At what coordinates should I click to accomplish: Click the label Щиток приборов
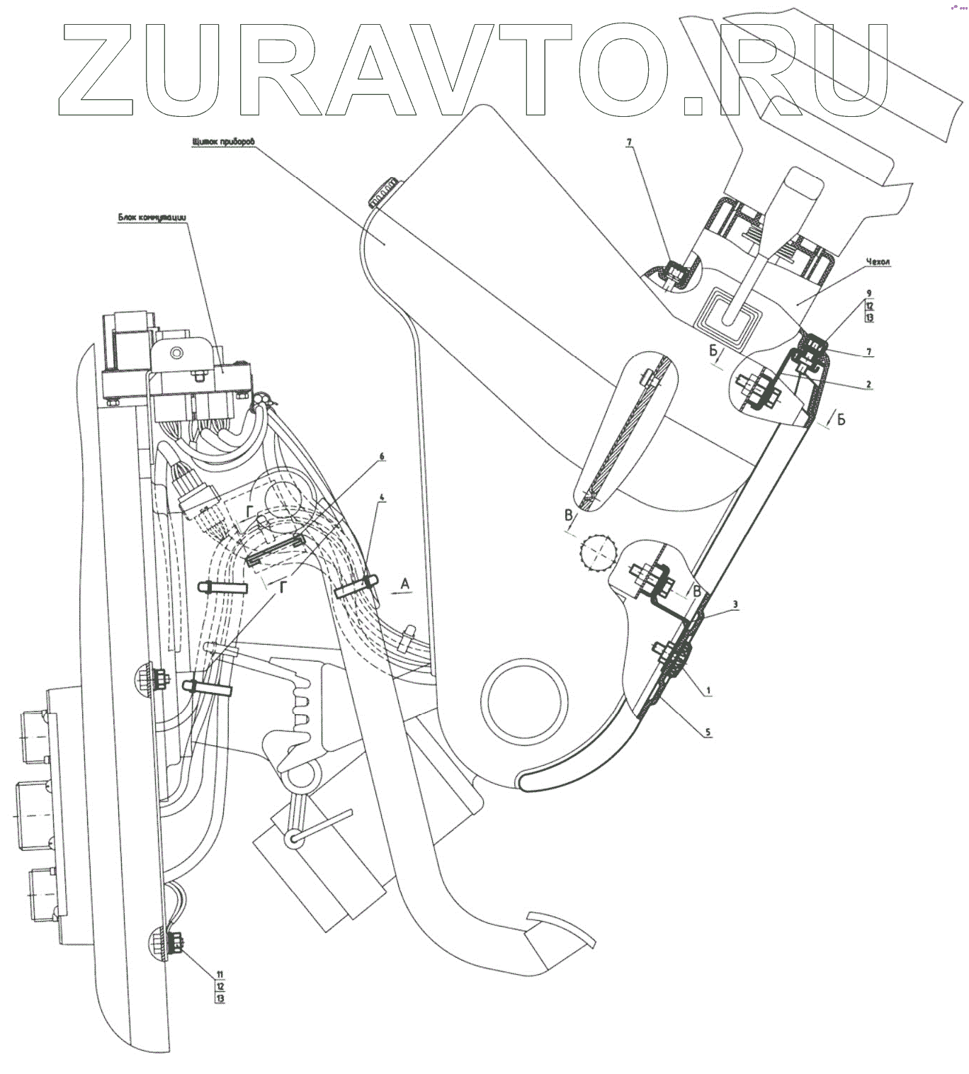pos(222,142)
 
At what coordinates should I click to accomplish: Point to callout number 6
pos(382,456)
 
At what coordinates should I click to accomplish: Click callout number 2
pos(868,385)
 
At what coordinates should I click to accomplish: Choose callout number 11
pos(220,974)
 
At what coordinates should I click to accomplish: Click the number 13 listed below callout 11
pos(220,998)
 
